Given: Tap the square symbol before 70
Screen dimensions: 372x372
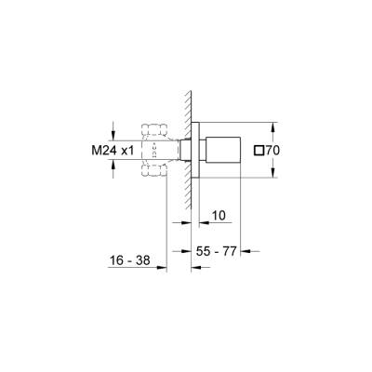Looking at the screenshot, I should (259, 149).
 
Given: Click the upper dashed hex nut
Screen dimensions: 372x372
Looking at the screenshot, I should (153, 127).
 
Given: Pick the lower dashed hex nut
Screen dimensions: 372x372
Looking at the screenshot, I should (153, 170).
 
